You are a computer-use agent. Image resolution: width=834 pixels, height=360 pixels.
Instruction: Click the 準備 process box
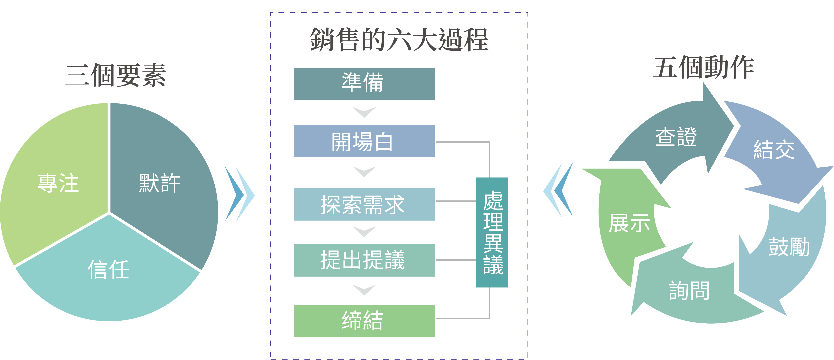click(364, 84)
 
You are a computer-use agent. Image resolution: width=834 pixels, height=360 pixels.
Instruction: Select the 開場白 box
click(364, 141)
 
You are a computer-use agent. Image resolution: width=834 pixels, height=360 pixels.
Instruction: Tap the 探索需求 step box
click(364, 204)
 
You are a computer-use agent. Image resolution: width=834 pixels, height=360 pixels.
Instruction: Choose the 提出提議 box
click(364, 260)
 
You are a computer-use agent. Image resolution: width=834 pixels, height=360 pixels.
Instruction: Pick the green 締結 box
click(364, 321)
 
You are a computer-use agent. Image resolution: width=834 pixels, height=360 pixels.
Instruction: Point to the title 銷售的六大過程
click(399, 40)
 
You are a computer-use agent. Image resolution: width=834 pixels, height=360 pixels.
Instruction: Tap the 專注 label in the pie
click(58, 183)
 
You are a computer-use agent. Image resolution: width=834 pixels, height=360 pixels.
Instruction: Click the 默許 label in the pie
click(160, 183)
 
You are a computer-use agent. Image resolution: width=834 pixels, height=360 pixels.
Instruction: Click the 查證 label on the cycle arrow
click(676, 137)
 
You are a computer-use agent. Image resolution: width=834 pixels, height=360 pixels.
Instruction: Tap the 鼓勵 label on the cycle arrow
click(789, 247)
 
